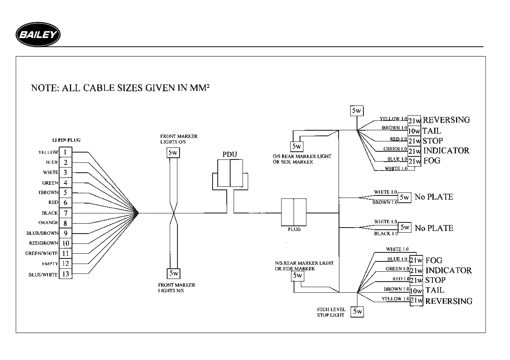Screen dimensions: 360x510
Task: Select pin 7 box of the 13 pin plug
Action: pos(65,213)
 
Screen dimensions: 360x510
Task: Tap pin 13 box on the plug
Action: pos(65,274)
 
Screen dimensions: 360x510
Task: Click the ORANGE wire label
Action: pos(48,223)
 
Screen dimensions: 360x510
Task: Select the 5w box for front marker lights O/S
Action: pos(173,153)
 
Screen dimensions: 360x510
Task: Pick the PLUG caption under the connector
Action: pos(294,229)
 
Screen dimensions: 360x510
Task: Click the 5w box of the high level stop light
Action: pos(357,312)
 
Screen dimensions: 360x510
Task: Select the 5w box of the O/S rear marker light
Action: pos(297,147)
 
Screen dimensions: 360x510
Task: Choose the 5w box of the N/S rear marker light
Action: pos(297,276)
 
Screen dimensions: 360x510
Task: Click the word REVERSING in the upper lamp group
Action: pos(446,120)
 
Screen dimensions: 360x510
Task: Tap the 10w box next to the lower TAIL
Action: pos(416,291)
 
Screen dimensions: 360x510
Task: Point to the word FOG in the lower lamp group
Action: pos(434,260)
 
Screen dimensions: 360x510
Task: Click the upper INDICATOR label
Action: pos(446,150)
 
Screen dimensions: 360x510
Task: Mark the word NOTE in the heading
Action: pos(45,88)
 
